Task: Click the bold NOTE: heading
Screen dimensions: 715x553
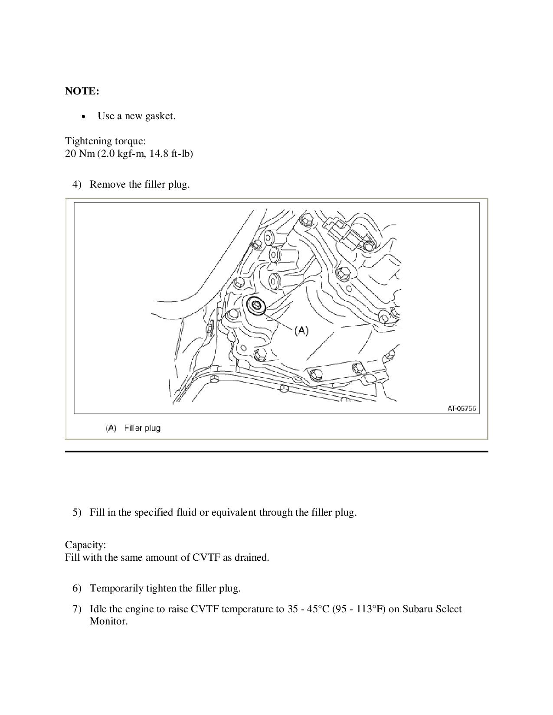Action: tap(82, 91)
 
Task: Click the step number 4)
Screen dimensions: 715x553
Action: tap(77, 185)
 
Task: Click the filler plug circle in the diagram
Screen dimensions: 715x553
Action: tap(257, 305)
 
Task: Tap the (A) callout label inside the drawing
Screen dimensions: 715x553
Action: tap(301, 331)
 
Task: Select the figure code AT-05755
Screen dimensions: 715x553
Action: tap(462, 408)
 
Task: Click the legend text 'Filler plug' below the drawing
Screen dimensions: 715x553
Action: tap(142, 428)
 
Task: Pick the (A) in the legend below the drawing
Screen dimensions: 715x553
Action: tap(111, 428)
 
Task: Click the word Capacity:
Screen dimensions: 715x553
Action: tap(85, 545)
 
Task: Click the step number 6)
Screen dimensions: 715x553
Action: tap(77, 588)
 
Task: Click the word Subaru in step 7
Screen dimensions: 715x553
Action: tap(417, 609)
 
